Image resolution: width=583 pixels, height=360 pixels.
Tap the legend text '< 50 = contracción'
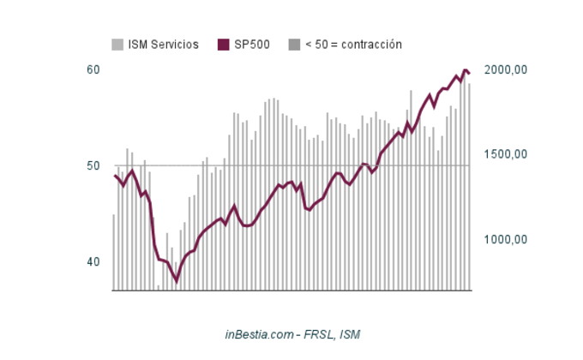pos(353,45)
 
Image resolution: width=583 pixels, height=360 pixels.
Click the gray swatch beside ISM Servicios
pos(117,45)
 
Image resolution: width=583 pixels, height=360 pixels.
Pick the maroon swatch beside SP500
pos(224,45)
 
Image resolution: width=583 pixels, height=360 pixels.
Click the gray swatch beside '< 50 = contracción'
pos(294,45)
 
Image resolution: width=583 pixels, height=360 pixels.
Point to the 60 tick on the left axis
pos(93,70)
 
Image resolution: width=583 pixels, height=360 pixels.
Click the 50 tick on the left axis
pos(93,165)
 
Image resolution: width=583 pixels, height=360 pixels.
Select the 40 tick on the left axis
pos(93,261)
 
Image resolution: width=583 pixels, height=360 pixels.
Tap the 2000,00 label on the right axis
pos(505,70)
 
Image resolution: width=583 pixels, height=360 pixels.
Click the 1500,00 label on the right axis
pos(505,155)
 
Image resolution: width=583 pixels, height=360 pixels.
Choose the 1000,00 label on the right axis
pos(505,240)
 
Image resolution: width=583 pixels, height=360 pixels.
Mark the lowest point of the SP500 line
pos(177,280)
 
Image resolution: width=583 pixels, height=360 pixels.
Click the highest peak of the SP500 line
pos(466,70)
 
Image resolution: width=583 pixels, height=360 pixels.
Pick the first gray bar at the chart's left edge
pos(114,252)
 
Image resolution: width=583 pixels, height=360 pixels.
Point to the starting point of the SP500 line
pos(115,176)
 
